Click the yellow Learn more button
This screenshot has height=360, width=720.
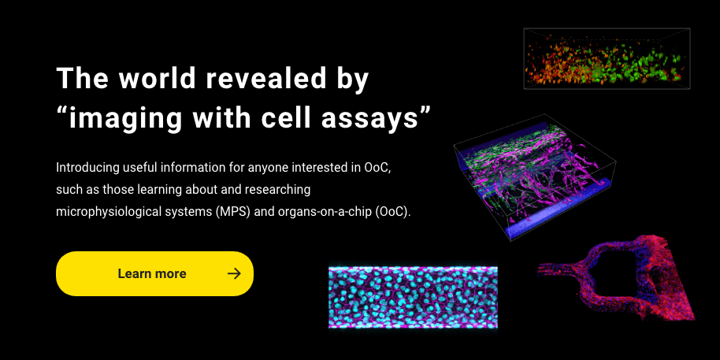(154, 273)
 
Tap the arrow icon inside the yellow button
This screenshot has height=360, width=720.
(234, 273)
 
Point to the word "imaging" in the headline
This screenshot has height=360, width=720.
(125, 118)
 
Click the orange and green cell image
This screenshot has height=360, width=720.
(607, 59)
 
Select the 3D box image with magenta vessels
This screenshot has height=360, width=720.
(535, 176)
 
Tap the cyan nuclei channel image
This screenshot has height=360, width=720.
(414, 298)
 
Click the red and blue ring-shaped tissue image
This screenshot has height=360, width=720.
(617, 278)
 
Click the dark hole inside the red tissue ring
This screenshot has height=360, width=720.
(613, 275)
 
